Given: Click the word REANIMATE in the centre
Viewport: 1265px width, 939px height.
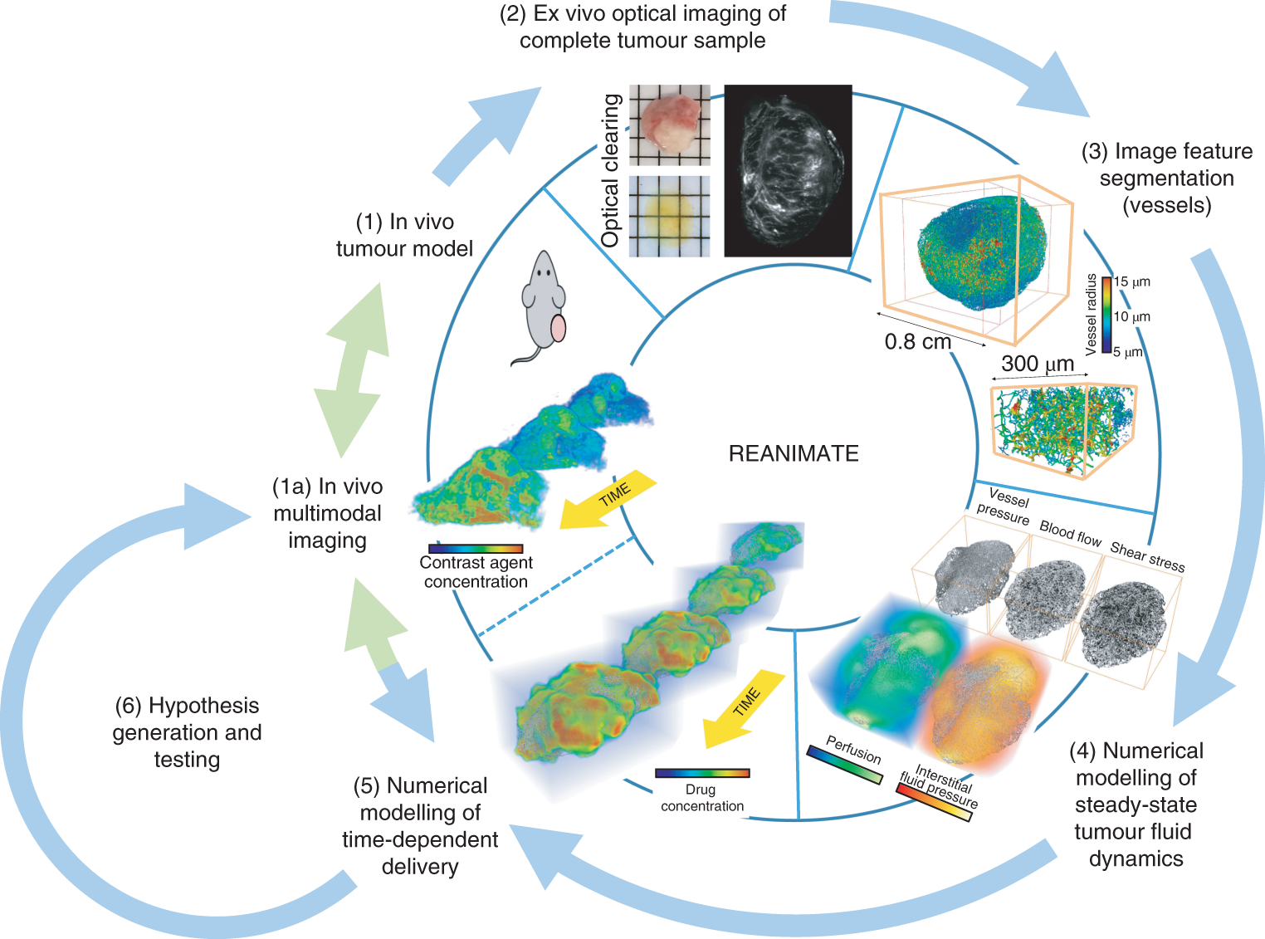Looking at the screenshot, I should (794, 453).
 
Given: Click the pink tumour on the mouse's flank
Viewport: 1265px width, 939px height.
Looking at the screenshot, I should (559, 328).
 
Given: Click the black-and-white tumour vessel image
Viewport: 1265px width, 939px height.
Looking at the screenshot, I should (788, 170).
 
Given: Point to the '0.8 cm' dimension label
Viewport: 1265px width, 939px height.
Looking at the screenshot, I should (917, 341).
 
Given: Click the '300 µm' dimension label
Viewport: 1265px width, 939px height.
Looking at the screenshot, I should (1038, 364).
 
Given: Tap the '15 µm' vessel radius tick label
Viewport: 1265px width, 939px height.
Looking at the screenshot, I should (1132, 281).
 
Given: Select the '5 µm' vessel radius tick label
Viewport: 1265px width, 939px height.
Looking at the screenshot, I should (1129, 352).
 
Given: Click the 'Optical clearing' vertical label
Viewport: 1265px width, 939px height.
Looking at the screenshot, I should (611, 170).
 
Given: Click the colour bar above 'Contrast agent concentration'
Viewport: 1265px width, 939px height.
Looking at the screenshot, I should (476, 548).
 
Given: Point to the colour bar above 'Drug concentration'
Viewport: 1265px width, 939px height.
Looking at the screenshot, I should (702, 773).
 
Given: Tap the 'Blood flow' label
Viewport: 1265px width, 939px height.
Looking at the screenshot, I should (1070, 534).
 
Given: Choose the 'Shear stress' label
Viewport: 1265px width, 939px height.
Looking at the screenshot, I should (1147, 556).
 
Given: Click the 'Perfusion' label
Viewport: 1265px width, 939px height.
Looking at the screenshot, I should (853, 749).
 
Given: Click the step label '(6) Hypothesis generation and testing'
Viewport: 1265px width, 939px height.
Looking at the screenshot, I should (188, 732).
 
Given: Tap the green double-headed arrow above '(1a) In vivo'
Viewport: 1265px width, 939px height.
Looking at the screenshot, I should (352, 370).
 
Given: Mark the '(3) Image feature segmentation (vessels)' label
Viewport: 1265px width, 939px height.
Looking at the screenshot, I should (1166, 178).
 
